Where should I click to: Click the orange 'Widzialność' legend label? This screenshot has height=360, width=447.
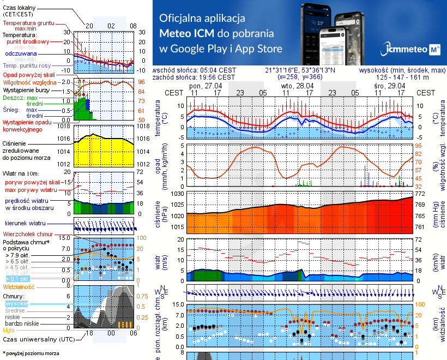(19, 286)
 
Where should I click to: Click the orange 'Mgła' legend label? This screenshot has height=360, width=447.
(9, 330)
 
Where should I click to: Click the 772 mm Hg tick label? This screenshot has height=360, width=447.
(419, 194)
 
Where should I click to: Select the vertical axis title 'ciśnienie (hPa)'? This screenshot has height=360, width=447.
(159, 215)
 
